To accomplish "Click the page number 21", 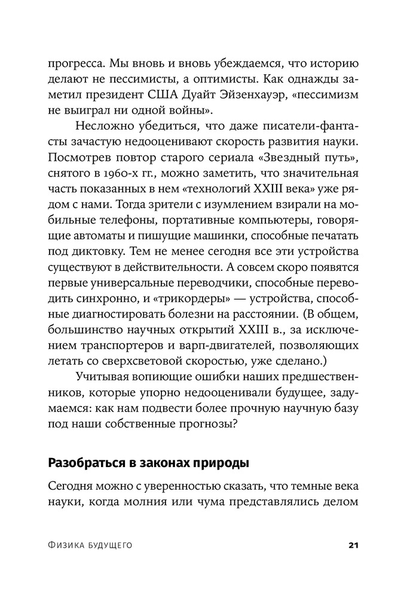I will coord(352,545).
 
